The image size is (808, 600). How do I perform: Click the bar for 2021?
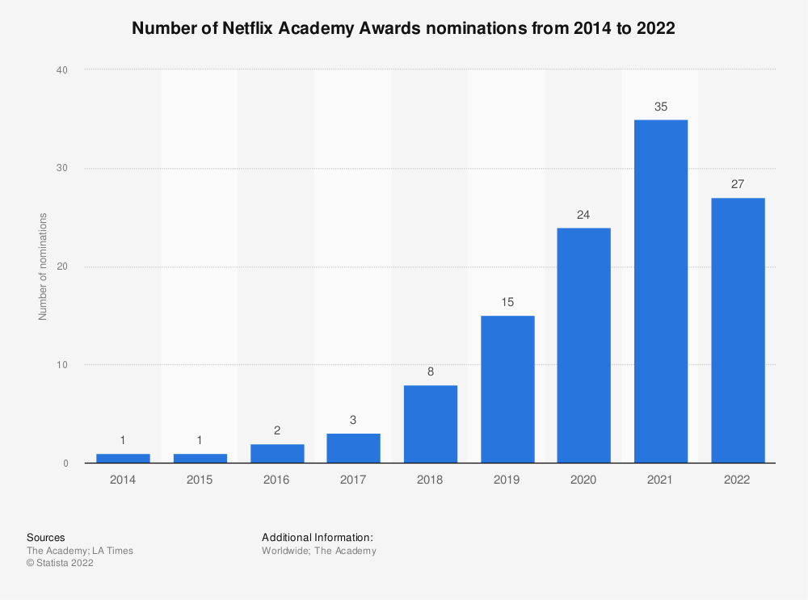pos(660,292)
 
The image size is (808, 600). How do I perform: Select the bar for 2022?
pos(737,330)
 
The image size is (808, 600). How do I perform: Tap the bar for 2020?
pos(583,346)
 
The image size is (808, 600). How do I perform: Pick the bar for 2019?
pos(507,389)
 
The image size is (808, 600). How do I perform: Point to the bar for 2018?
pos(430,424)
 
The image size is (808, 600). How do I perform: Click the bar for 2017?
pos(353,448)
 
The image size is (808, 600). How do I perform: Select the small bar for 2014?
pos(123,458)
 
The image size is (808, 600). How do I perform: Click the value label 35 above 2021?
pos(660,107)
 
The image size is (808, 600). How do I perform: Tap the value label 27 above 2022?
pos(737,185)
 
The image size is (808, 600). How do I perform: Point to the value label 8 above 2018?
pos(430,372)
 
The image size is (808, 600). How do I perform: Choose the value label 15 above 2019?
pos(507,303)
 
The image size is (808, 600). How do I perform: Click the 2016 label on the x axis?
pos(276,480)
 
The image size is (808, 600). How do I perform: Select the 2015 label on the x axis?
pos(200,480)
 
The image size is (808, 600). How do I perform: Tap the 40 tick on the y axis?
pos(62,70)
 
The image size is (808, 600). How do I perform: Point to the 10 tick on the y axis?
pos(62,365)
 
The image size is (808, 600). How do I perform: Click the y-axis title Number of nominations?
pos(43,266)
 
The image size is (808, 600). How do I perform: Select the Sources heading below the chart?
pos(45,537)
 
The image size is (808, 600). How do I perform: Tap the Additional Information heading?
pos(317,537)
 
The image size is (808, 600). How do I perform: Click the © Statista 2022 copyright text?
pos(60,564)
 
